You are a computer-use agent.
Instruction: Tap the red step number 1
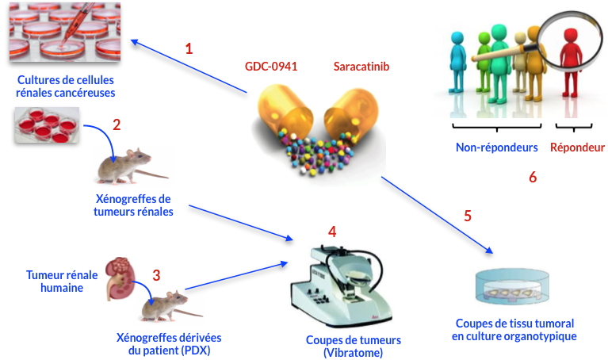coord(189,48)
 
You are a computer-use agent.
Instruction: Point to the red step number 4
coord(332,232)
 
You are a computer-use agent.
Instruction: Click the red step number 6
coord(533,177)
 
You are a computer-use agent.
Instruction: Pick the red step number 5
coord(468,216)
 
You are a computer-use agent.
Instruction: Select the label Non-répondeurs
coord(497,147)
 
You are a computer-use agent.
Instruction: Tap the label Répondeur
coord(578,147)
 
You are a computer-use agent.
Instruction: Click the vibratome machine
coord(341,286)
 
